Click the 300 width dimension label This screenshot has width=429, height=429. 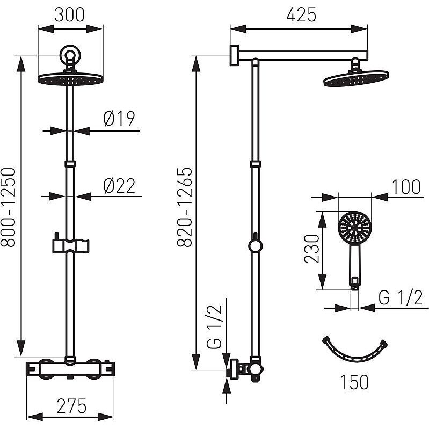[69, 15]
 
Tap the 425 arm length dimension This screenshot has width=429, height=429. [301, 15]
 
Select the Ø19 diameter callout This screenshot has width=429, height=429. [120, 119]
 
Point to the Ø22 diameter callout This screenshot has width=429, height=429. [120, 186]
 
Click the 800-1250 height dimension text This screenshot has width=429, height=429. [8, 207]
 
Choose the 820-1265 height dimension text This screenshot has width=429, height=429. [185, 207]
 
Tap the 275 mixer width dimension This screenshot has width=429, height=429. [72, 406]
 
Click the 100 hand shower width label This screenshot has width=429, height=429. [406, 187]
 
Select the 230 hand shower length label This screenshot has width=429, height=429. [312, 249]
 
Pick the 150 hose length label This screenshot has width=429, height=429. [354, 382]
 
